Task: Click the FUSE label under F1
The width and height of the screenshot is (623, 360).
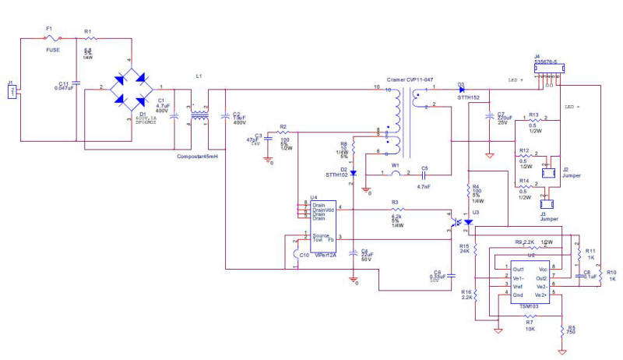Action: pos(52,48)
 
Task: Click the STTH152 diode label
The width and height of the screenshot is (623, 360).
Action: pos(467,97)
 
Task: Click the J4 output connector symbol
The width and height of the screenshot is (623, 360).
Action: pos(548,69)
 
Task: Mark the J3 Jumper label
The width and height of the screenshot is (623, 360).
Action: pos(550,217)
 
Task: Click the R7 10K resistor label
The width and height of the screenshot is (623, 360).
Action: pos(529,326)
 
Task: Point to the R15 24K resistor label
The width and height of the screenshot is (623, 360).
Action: pos(465,249)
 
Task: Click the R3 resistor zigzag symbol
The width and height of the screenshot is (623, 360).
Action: pos(398,210)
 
